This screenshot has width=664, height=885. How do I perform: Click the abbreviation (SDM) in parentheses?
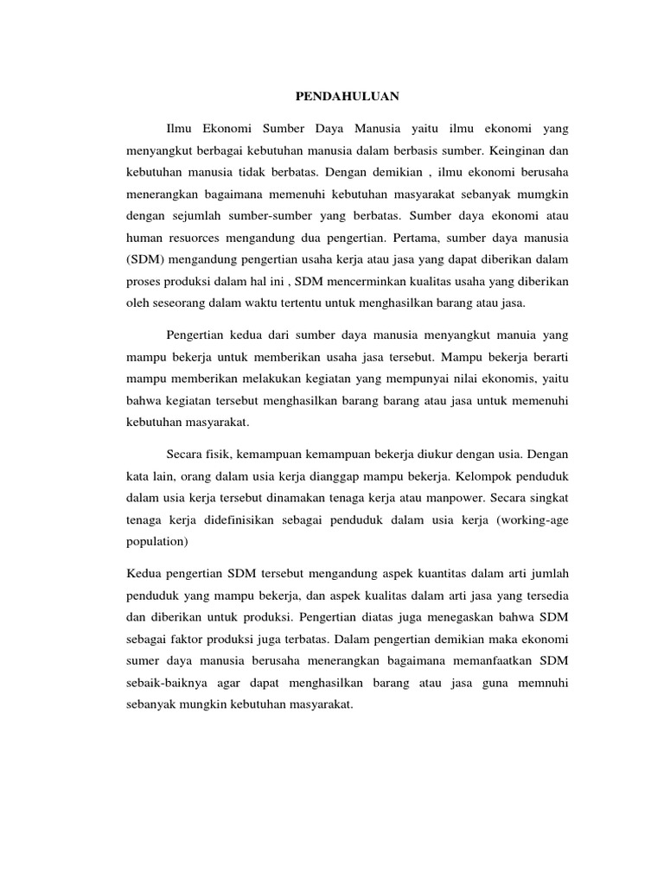point(144,258)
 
